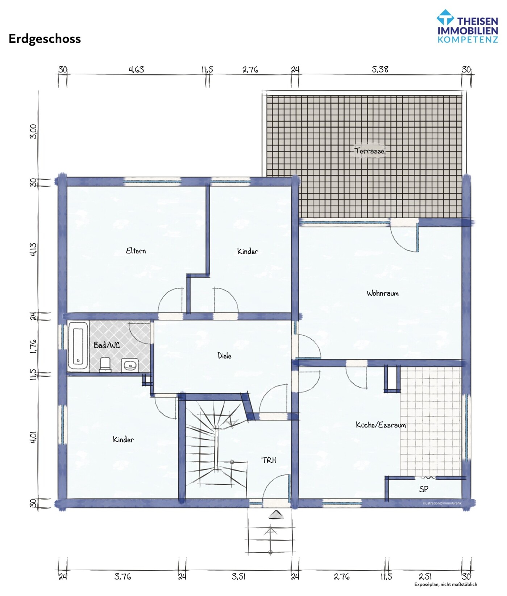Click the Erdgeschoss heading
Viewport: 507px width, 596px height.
(45, 39)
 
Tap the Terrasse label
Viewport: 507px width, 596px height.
(369, 151)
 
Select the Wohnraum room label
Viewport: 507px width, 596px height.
(382, 293)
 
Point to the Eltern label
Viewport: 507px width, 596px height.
(136, 251)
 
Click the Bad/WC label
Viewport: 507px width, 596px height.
(107, 345)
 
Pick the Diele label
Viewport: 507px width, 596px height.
(224, 356)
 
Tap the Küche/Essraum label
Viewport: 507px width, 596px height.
(381, 425)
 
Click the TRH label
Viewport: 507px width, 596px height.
(269, 460)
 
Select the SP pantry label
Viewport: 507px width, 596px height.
(423, 489)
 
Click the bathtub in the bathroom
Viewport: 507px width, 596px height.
(78, 346)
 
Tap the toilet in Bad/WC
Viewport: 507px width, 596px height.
(105, 364)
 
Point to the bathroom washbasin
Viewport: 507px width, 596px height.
(130, 365)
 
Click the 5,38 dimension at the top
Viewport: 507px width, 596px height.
(380, 69)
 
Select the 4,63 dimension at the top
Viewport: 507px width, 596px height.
(136, 69)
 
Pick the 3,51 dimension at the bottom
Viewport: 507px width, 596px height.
(238, 576)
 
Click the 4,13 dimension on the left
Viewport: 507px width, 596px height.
(33, 249)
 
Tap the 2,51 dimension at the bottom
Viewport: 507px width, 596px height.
(425, 576)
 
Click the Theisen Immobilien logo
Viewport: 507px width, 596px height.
(467, 26)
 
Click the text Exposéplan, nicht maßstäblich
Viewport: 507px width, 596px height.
(446, 584)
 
